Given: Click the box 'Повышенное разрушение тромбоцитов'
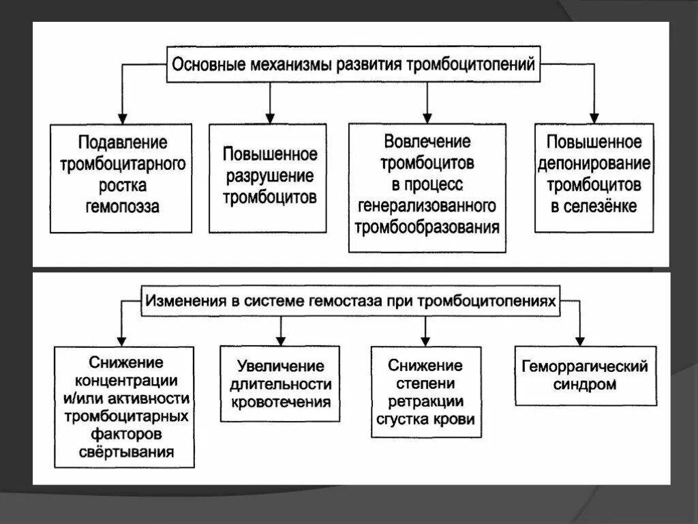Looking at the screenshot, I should tap(268, 177).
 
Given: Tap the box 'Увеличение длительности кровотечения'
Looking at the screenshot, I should tap(280, 383).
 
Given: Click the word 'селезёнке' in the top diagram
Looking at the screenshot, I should tap(601, 207).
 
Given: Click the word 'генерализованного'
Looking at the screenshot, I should tap(427, 205).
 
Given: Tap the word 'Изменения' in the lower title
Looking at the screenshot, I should tap(181, 300).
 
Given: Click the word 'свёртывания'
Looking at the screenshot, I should tap(125, 451).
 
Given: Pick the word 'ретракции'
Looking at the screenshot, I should tap(425, 401).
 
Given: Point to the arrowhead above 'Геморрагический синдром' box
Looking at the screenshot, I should tap(581, 339).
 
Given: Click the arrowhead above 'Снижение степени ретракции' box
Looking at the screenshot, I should tap(425, 339).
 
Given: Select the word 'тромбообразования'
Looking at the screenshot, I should tap(427, 227).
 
